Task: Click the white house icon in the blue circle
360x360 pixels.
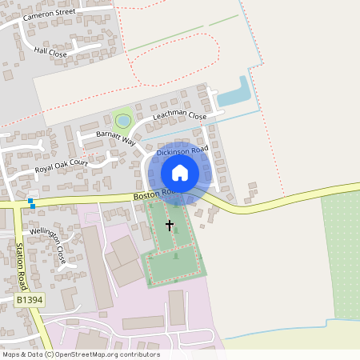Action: pyautogui.click(x=180, y=172)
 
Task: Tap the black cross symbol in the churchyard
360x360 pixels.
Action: pyautogui.click(x=170, y=226)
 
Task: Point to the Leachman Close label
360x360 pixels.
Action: pyautogui.click(x=180, y=117)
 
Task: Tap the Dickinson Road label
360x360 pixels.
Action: pyautogui.click(x=182, y=150)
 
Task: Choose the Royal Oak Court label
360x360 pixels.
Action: pyautogui.click(x=61, y=166)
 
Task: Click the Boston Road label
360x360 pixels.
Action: pyautogui.click(x=152, y=194)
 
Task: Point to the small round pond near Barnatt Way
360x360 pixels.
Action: pyautogui.click(x=122, y=121)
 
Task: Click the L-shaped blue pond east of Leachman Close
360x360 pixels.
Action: pyautogui.click(x=236, y=94)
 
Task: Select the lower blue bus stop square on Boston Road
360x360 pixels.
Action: pyautogui.click(x=33, y=206)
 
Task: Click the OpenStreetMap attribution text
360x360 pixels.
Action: pyautogui.click(x=81, y=354)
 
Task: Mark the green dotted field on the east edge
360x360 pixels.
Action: pyautogui.click(x=342, y=256)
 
